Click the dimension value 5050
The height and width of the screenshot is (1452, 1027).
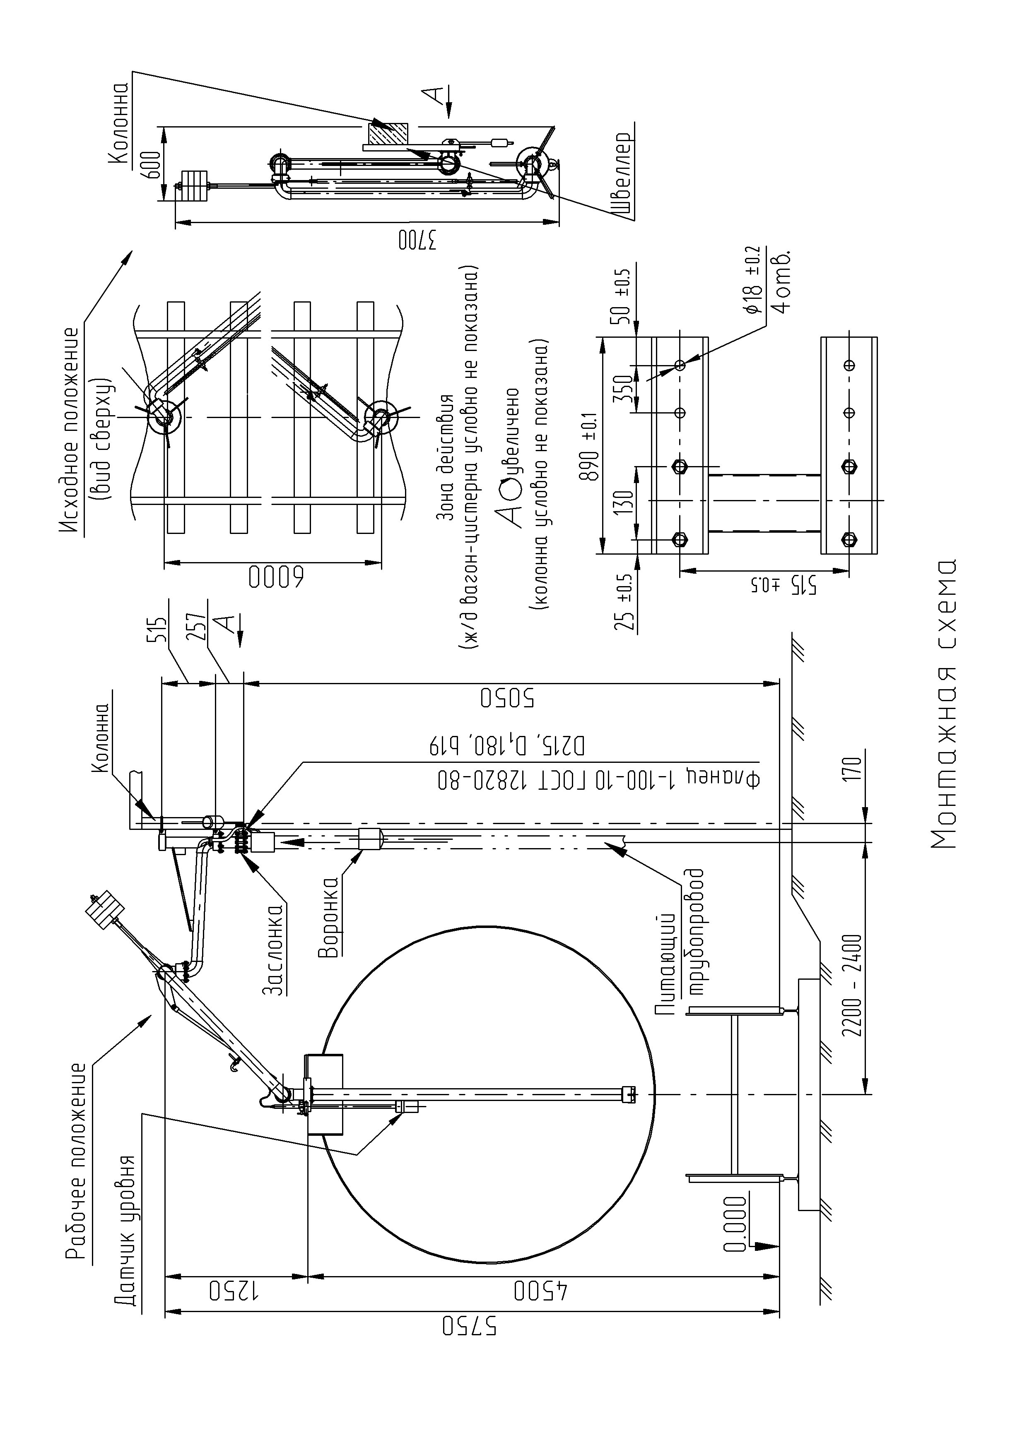[x=507, y=697]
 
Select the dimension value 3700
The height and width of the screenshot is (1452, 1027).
[x=418, y=240]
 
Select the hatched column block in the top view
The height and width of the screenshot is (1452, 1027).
[x=387, y=135]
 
